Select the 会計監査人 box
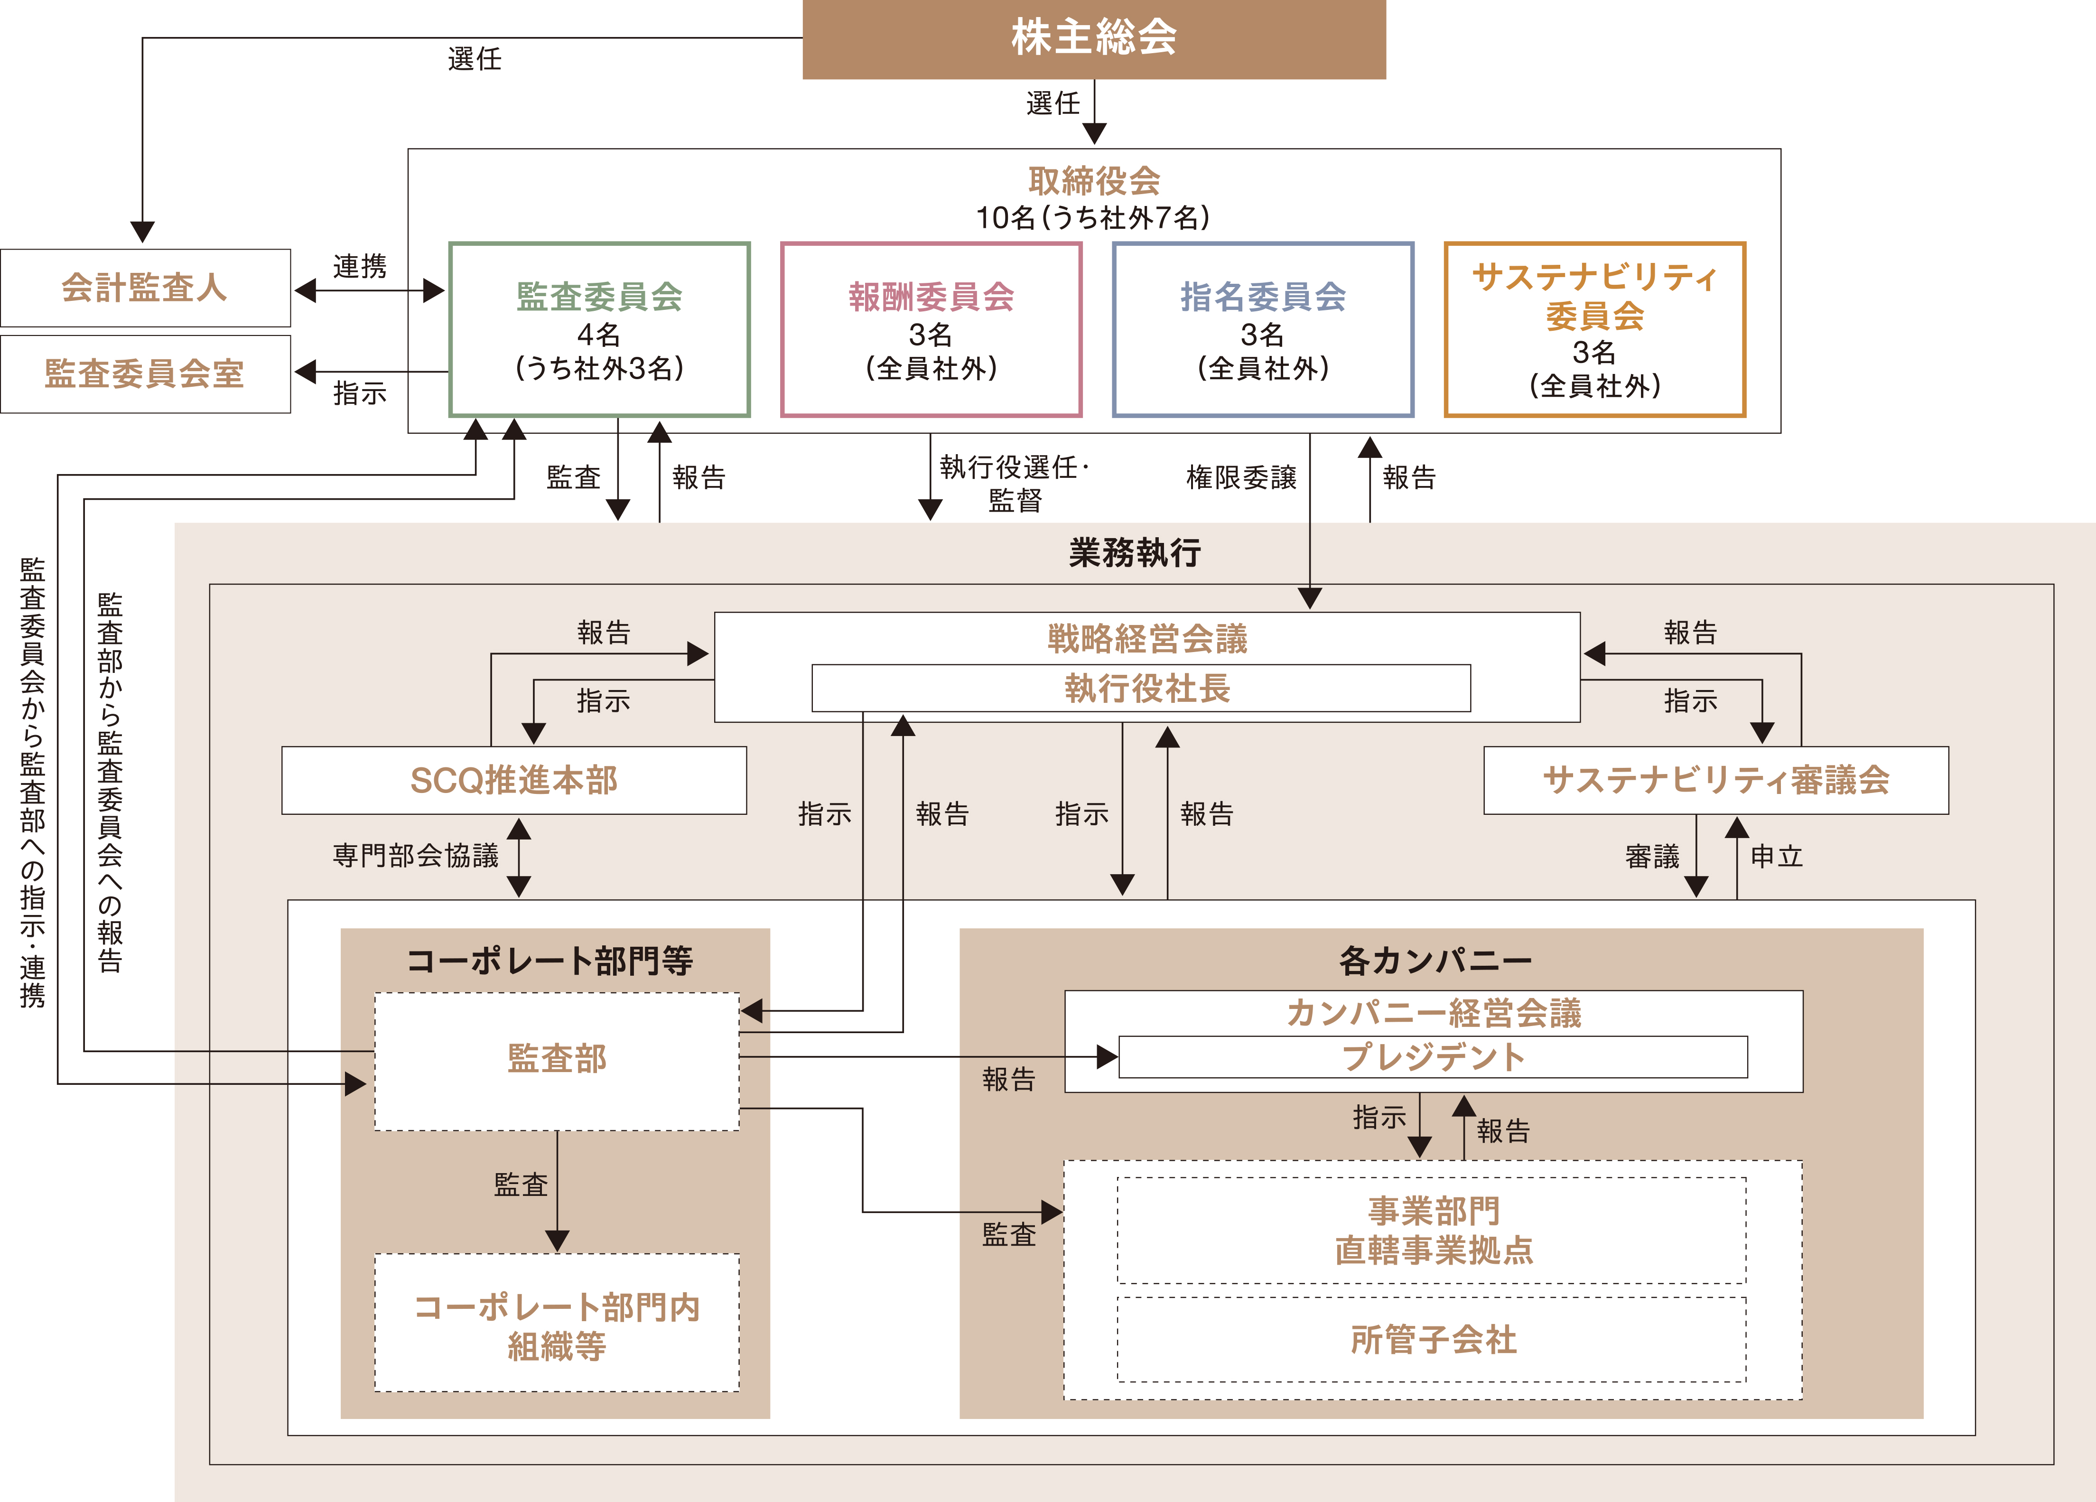click(x=145, y=288)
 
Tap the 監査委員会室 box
click(x=145, y=373)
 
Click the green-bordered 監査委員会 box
click(x=599, y=329)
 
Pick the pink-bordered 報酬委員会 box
click(x=931, y=329)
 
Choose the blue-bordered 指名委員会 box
click(x=1262, y=329)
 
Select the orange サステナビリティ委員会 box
click(x=1594, y=329)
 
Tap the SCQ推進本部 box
click(x=514, y=780)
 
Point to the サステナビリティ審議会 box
click(x=1715, y=780)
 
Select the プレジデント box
click(x=1433, y=1056)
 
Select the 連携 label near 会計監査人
click(x=360, y=266)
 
